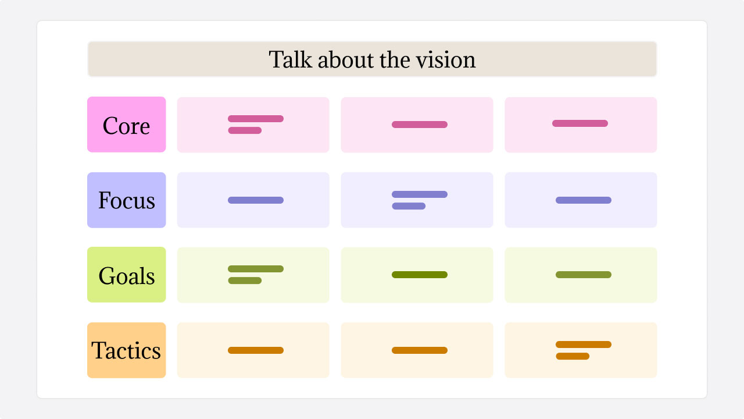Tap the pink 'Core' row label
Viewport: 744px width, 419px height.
click(x=126, y=125)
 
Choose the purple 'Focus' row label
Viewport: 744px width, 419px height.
click(x=126, y=200)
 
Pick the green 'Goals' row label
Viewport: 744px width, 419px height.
click(x=126, y=275)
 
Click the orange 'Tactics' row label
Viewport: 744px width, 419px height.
click(x=126, y=350)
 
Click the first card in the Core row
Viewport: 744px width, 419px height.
click(x=253, y=125)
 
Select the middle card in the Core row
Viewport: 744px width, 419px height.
click(x=417, y=125)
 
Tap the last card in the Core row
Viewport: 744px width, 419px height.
click(x=581, y=125)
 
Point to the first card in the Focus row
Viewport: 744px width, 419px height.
click(x=253, y=200)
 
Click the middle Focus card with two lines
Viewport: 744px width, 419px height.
click(x=417, y=200)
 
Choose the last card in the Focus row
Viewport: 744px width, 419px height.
click(x=581, y=200)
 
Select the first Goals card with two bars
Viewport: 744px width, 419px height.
click(x=253, y=275)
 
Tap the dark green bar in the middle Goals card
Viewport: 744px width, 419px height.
click(x=419, y=275)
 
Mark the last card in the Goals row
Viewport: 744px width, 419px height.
click(x=581, y=275)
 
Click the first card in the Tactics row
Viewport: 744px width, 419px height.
click(x=253, y=350)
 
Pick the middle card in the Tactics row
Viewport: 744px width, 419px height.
click(x=417, y=350)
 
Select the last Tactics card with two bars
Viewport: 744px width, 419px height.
click(x=581, y=350)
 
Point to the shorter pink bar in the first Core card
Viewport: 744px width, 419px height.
click(x=245, y=130)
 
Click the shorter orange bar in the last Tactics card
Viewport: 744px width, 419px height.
click(x=573, y=356)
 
